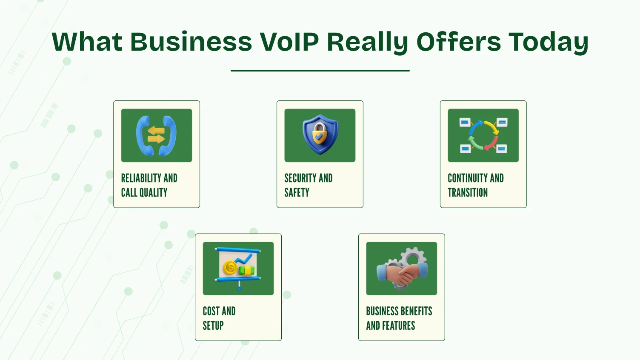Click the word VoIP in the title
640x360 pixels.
click(289, 42)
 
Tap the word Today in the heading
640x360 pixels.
click(549, 42)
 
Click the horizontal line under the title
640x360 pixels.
click(320, 71)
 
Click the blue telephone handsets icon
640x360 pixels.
click(156, 135)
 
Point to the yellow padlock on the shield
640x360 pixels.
click(320, 136)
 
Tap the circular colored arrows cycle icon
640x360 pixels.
click(483, 135)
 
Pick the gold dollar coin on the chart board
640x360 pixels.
click(230, 268)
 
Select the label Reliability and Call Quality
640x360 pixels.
click(149, 185)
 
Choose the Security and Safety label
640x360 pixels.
click(308, 185)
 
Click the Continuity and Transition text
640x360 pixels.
click(475, 185)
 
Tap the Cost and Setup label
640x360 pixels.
click(219, 318)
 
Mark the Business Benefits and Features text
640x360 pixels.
click(399, 318)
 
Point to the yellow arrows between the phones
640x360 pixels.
click(156, 135)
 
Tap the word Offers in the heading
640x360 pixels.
click(459, 42)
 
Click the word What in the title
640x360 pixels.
click(87, 42)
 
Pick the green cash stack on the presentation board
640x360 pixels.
click(247, 270)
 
